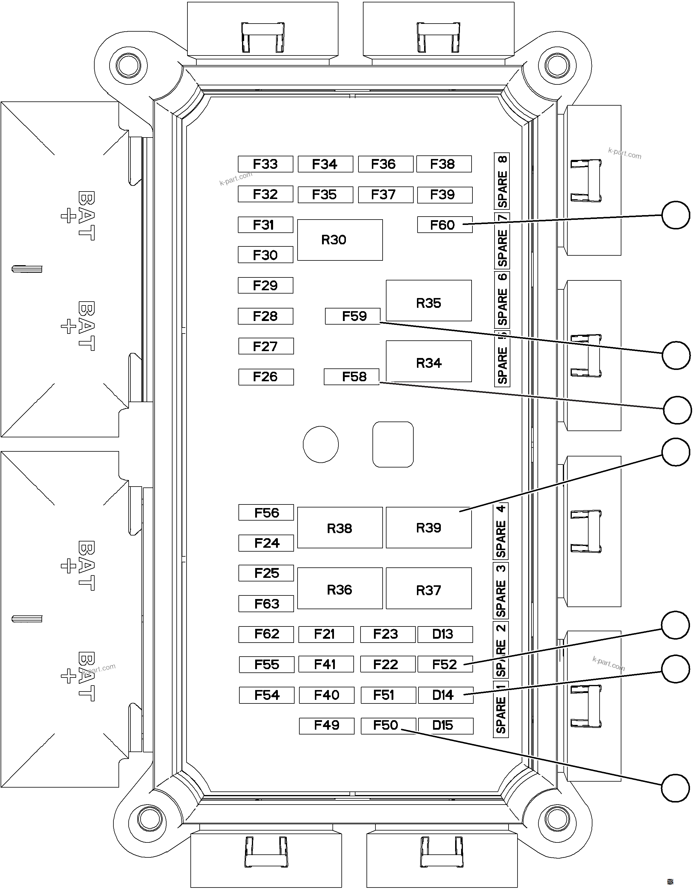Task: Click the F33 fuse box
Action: pyautogui.click(x=266, y=164)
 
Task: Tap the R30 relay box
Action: pyautogui.click(x=340, y=240)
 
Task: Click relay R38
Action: pyautogui.click(x=340, y=527)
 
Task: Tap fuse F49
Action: pyautogui.click(x=327, y=726)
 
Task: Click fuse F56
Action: pyautogui.click(x=266, y=513)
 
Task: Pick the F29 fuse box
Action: pyautogui.click(x=266, y=285)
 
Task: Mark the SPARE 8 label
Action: pyautogui.click(x=502, y=181)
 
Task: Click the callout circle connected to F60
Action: pyautogui.click(x=675, y=215)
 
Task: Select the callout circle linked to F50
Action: pyautogui.click(x=675, y=788)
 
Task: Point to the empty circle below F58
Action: pyautogui.click(x=321, y=444)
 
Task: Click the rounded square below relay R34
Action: pyautogui.click(x=393, y=444)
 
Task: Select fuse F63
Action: pyautogui.click(x=266, y=604)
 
